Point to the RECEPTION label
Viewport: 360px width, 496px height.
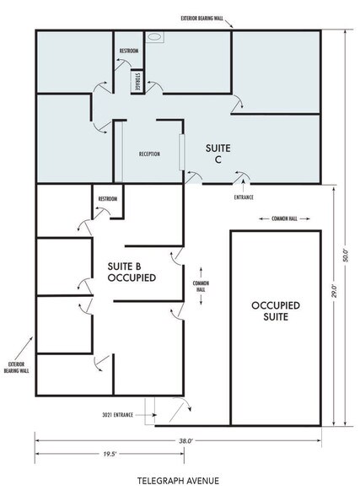pyautogui.click(x=149, y=154)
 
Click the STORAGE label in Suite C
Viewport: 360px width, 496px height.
pyautogui.click(x=136, y=81)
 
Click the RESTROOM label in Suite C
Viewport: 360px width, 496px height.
pyautogui.click(x=129, y=51)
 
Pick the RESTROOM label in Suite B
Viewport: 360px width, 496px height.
pyautogui.click(x=108, y=199)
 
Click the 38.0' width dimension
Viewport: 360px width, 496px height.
pyautogui.click(x=185, y=440)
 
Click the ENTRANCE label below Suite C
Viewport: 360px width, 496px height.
pyautogui.click(x=244, y=197)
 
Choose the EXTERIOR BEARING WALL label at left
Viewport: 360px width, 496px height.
pyautogui.click(x=16, y=364)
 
